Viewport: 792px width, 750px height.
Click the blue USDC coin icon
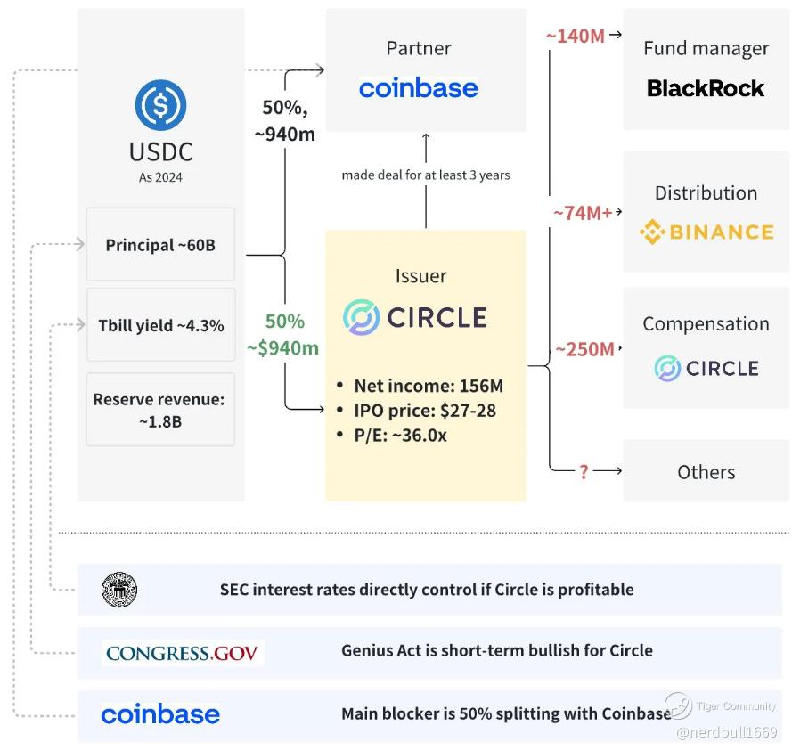coord(160,104)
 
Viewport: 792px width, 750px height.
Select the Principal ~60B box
coord(160,244)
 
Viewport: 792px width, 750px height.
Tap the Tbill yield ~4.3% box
coord(160,324)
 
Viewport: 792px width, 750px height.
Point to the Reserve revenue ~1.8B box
coord(160,410)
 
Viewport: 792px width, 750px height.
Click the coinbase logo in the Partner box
coord(418,88)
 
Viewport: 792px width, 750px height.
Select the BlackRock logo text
coord(706,88)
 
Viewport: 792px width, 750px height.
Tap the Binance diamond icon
coord(652,233)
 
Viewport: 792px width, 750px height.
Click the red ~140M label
coord(575,37)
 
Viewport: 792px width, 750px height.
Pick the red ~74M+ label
coord(583,214)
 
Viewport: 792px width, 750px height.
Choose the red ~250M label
coord(584,350)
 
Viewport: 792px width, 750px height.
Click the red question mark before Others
coord(584,472)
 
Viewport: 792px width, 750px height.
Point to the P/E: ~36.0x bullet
coord(401,436)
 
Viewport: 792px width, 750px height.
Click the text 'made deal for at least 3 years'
coord(426,175)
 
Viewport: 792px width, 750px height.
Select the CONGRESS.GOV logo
coord(182,653)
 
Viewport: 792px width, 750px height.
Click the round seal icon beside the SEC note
coord(119,590)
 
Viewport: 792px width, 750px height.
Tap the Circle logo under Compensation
coord(706,369)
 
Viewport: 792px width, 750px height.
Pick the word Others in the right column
coord(706,472)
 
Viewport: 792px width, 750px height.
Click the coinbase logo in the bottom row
coord(160,714)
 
